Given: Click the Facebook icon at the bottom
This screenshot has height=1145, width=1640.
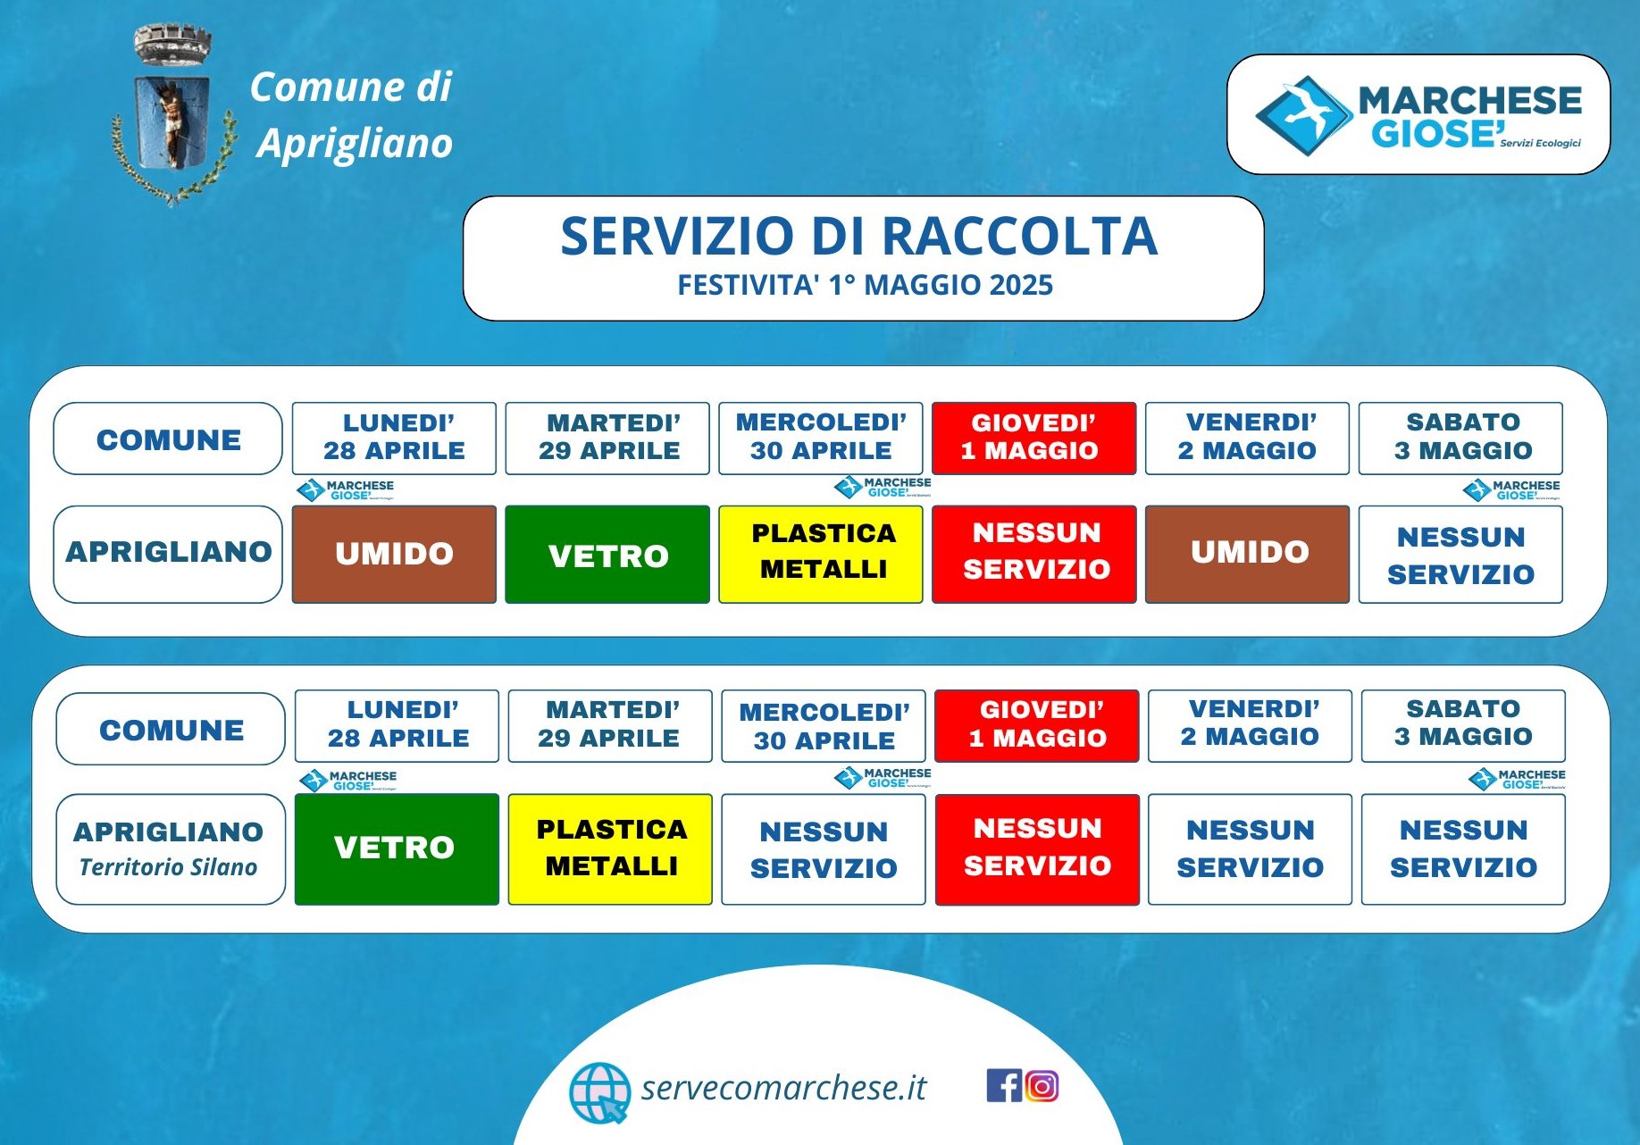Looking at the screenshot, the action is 1004,1085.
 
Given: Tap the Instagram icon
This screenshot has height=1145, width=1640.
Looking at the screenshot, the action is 1042,1085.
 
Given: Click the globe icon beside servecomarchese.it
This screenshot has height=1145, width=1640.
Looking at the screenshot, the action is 599,1092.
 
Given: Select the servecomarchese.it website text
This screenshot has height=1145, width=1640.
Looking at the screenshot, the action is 783,1087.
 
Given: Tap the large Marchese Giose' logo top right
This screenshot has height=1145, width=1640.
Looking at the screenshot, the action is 1418,114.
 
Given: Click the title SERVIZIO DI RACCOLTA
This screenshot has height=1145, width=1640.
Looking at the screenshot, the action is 858,236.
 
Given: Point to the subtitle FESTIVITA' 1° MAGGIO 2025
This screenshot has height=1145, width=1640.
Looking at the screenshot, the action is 865,285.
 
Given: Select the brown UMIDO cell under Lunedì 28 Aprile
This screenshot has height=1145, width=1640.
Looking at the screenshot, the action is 394,554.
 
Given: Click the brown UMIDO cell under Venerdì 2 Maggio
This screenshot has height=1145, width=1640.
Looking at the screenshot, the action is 1248,554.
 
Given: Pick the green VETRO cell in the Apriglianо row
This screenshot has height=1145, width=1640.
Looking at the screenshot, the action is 607,554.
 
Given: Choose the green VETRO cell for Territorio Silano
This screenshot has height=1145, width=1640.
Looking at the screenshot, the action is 397,849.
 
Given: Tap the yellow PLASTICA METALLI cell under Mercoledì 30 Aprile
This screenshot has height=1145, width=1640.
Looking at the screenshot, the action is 821,554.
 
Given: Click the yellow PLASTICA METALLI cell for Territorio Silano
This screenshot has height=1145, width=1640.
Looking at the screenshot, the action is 610,849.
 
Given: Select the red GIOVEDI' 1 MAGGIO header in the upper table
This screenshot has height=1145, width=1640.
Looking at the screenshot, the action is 1034,438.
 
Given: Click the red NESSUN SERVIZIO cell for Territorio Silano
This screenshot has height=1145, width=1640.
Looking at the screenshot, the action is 1037,849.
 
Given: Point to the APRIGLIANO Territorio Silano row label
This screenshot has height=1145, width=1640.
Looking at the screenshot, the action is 171,849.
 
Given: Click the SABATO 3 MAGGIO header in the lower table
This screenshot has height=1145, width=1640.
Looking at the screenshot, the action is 1463,725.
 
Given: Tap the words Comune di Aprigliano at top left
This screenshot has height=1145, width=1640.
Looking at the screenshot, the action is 351,115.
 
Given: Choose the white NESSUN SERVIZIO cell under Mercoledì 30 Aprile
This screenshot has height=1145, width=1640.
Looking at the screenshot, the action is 824,849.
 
